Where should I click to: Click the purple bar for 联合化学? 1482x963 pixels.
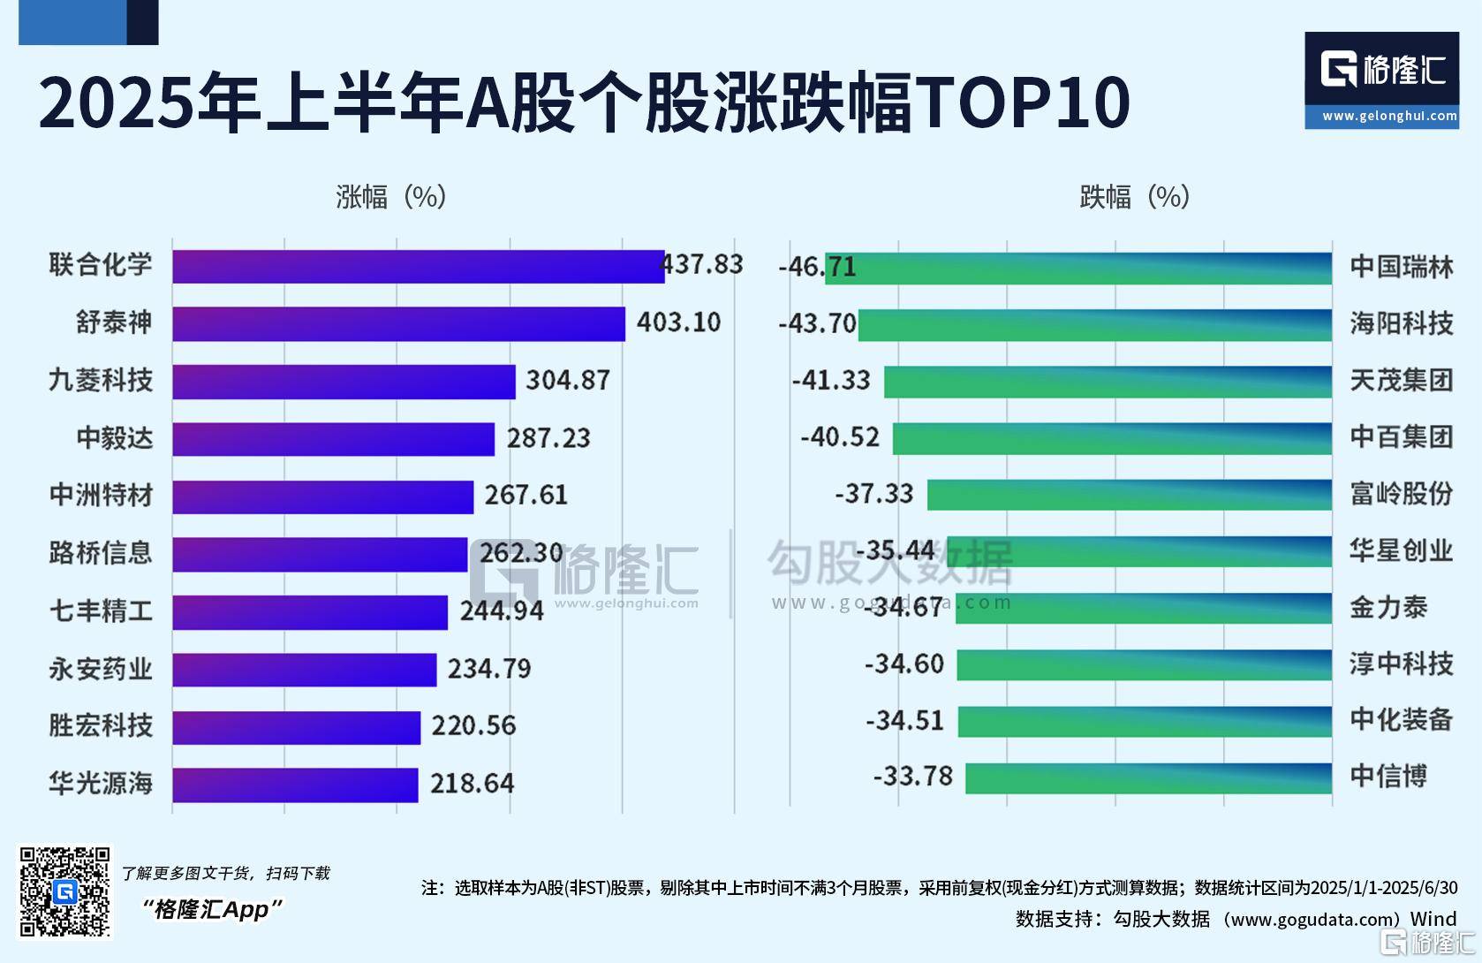[418, 266]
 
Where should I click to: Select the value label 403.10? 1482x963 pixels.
[678, 322]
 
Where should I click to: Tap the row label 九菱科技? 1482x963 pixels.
[101, 381]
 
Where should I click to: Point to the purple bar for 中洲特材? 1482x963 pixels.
[322, 497]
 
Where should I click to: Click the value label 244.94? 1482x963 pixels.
[502, 610]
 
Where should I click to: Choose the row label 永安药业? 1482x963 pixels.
[101, 669]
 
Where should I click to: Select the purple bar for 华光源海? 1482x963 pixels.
[295, 785]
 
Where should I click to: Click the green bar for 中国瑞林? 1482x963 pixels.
[1077, 268]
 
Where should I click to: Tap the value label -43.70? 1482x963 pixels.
[817, 323]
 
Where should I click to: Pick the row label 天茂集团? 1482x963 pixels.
[1401, 381]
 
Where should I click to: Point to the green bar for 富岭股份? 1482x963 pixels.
[1129, 495]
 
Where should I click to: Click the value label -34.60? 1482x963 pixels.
[904, 663]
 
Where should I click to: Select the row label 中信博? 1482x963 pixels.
[1387, 777]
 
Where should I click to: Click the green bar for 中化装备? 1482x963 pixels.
[1145, 721]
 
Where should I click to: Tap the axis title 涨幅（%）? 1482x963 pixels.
[390, 196]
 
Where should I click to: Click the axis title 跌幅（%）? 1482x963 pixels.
[1134, 196]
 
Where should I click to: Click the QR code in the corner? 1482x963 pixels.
[65, 891]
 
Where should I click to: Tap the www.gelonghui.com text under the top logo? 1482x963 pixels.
[1389, 116]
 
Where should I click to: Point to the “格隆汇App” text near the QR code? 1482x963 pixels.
[212, 909]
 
